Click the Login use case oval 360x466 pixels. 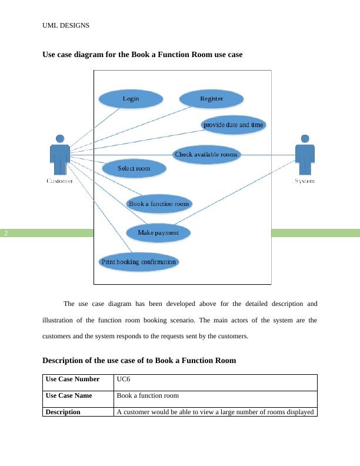(131, 99)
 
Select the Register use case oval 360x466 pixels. (211, 99)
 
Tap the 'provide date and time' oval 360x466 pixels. (234, 125)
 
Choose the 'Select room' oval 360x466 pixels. (134, 169)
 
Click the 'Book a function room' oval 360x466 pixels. (159, 204)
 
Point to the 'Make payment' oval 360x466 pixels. (158, 233)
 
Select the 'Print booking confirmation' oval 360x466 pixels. (139, 262)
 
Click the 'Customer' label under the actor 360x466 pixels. (59, 181)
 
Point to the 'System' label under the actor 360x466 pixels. (304, 181)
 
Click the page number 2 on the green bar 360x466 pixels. (6, 233)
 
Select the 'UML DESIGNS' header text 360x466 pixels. (66, 25)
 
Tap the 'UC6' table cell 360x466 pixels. (124, 380)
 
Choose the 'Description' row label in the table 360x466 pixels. (63, 412)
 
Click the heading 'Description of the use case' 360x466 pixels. (139, 360)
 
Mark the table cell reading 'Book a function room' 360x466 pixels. (148, 396)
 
